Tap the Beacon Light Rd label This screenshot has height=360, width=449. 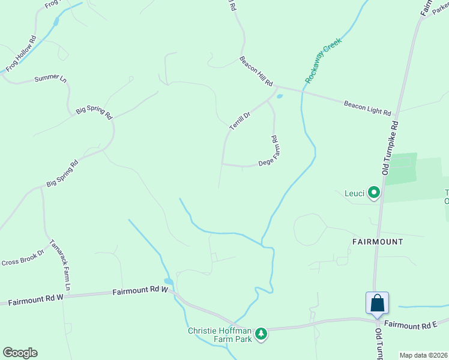pyautogui.click(x=367, y=108)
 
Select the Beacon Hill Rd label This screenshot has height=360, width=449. pyautogui.click(x=256, y=71)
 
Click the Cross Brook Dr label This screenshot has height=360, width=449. pyautogui.click(x=23, y=259)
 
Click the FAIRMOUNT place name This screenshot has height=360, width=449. pyautogui.click(x=378, y=241)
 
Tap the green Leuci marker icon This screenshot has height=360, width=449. pyautogui.click(x=374, y=193)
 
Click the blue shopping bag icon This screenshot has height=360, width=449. pyautogui.click(x=378, y=303)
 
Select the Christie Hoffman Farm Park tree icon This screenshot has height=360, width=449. pyautogui.click(x=261, y=333)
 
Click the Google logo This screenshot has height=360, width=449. pyautogui.click(x=20, y=353)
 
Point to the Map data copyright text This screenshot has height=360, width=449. pyautogui.click(x=423, y=355)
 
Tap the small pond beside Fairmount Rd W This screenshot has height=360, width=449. pyautogui.click(x=169, y=281)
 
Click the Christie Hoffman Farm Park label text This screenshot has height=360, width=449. pyautogui.click(x=221, y=335)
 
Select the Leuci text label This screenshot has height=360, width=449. pyautogui.click(x=354, y=193)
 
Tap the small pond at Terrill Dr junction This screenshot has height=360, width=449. pyautogui.click(x=280, y=96)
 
